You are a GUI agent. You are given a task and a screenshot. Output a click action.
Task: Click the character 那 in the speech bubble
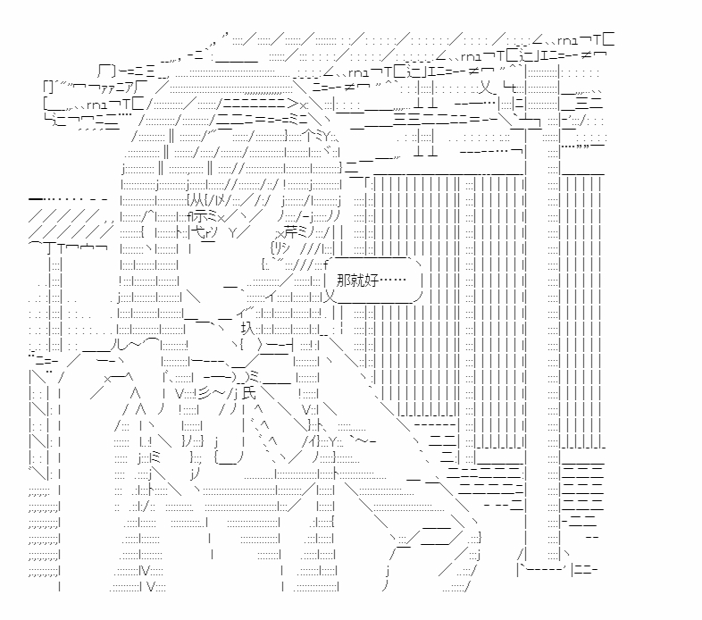coord(343,281)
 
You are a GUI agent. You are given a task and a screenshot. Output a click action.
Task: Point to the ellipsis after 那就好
coord(393,281)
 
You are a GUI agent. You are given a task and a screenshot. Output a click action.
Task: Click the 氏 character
coord(249,393)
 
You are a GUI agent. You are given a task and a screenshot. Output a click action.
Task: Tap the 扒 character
coord(247,328)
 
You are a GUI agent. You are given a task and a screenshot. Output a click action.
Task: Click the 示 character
coord(201,216)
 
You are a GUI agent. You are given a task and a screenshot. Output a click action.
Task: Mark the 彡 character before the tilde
coord(205,393)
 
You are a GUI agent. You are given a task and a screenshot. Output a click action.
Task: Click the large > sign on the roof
coord(293,104)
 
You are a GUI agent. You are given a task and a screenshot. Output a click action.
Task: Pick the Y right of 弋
coord(233,232)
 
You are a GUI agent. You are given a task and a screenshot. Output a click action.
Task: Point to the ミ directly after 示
coord(213,217)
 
